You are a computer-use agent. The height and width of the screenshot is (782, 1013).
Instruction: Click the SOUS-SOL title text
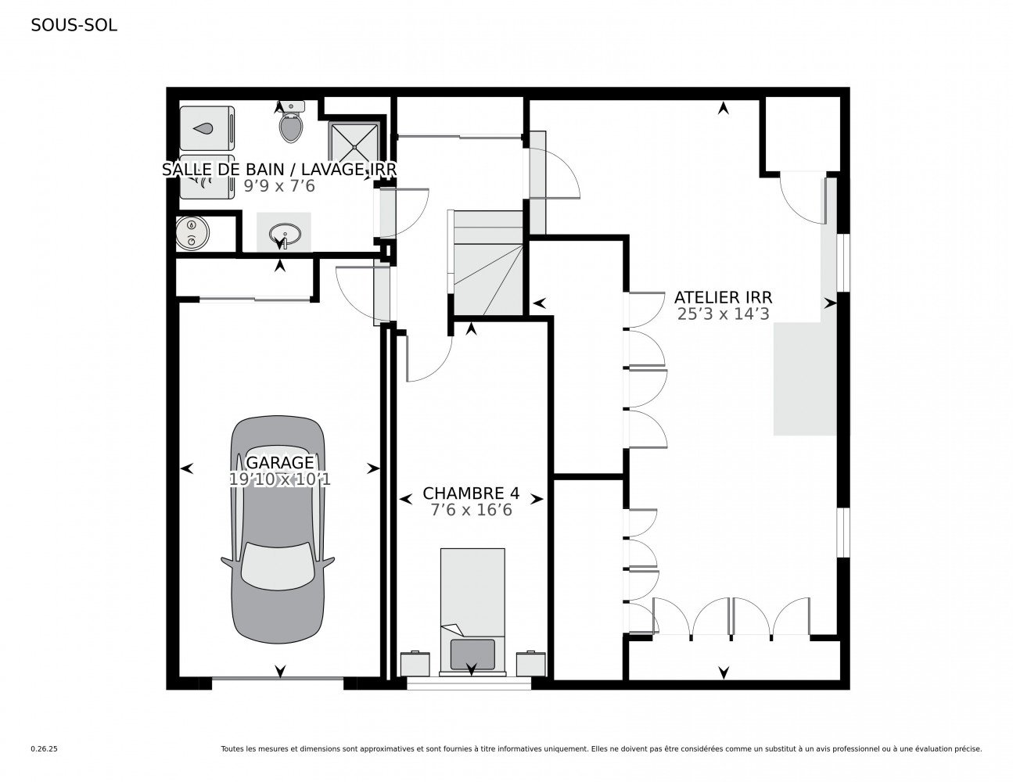[74, 25]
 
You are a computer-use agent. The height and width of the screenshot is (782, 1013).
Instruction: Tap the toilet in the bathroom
[291, 124]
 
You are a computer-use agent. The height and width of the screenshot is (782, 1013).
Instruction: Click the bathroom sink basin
[283, 233]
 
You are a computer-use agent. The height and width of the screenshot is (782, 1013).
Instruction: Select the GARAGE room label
[280, 463]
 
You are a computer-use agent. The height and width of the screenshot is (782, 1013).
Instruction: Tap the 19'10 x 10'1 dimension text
[280, 479]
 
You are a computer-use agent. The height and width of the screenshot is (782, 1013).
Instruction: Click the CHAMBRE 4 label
[471, 493]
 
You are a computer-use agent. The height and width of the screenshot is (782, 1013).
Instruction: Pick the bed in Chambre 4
[472, 610]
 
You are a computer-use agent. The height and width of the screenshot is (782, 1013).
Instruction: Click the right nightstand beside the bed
[530, 663]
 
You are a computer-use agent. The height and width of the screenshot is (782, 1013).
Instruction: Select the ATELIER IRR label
[723, 297]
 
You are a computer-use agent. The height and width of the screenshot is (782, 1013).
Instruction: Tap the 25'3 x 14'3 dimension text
[723, 314]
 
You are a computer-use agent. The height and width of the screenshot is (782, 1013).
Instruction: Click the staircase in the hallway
[487, 262]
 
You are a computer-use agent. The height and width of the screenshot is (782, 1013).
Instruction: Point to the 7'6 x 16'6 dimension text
[471, 510]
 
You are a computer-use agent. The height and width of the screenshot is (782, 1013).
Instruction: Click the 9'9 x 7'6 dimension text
[280, 186]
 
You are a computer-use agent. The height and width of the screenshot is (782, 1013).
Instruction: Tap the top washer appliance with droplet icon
[207, 127]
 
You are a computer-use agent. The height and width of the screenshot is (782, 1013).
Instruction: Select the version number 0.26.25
[45, 748]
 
